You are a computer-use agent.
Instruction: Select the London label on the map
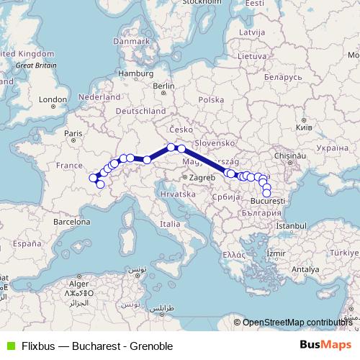coord(53,99)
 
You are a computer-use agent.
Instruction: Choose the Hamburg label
coord(132,73)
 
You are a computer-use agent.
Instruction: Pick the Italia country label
coord(170,224)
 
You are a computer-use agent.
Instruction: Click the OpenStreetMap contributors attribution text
coord(297,323)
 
